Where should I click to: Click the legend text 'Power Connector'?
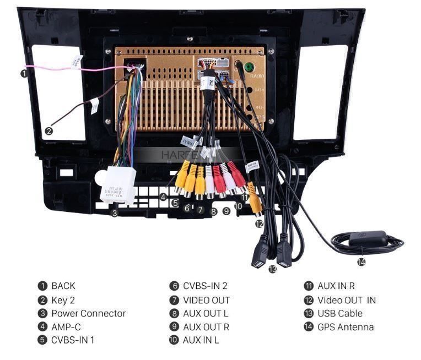(x=88, y=313)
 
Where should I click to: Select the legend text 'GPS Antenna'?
(x=346, y=327)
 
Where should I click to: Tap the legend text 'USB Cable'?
(x=340, y=313)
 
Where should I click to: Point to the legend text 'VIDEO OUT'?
(x=206, y=300)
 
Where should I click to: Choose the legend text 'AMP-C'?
(x=66, y=326)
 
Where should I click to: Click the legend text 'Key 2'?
(x=63, y=300)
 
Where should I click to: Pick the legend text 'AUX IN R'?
(x=336, y=286)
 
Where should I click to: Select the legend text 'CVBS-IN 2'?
(x=205, y=286)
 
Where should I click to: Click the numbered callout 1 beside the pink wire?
(x=24, y=72)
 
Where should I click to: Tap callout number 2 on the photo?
(x=48, y=131)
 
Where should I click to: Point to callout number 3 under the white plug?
(x=114, y=213)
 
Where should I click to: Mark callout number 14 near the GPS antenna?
(x=361, y=262)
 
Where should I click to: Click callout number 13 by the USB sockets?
(x=272, y=269)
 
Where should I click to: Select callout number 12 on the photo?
(x=259, y=223)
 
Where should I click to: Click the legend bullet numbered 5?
(x=42, y=340)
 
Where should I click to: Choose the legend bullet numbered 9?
(x=174, y=327)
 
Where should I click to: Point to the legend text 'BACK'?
(x=63, y=286)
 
